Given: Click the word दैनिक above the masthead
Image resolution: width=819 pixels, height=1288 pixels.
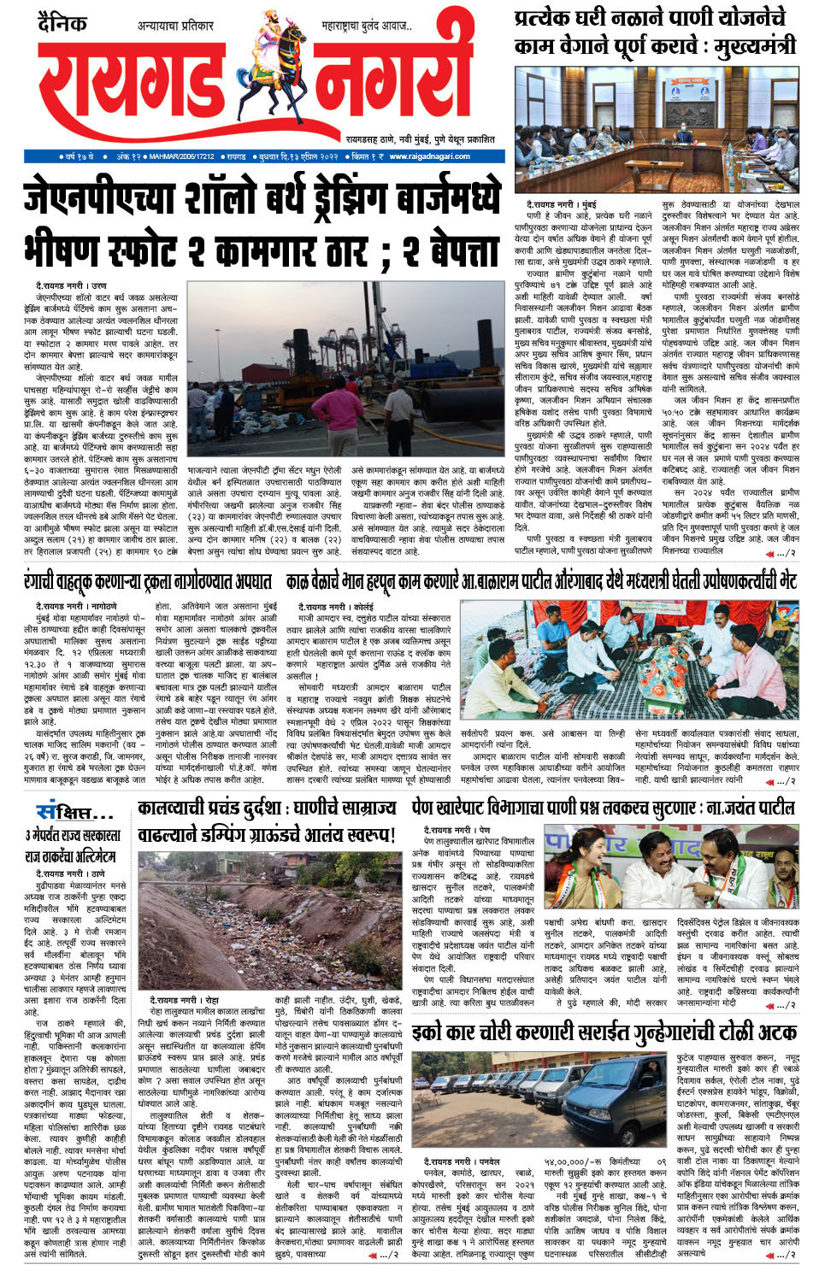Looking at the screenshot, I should tap(62, 22).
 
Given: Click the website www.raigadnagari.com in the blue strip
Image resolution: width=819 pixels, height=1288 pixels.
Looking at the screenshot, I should tap(429, 156).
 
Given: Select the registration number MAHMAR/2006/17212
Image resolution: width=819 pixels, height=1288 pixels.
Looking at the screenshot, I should tap(180, 156).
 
